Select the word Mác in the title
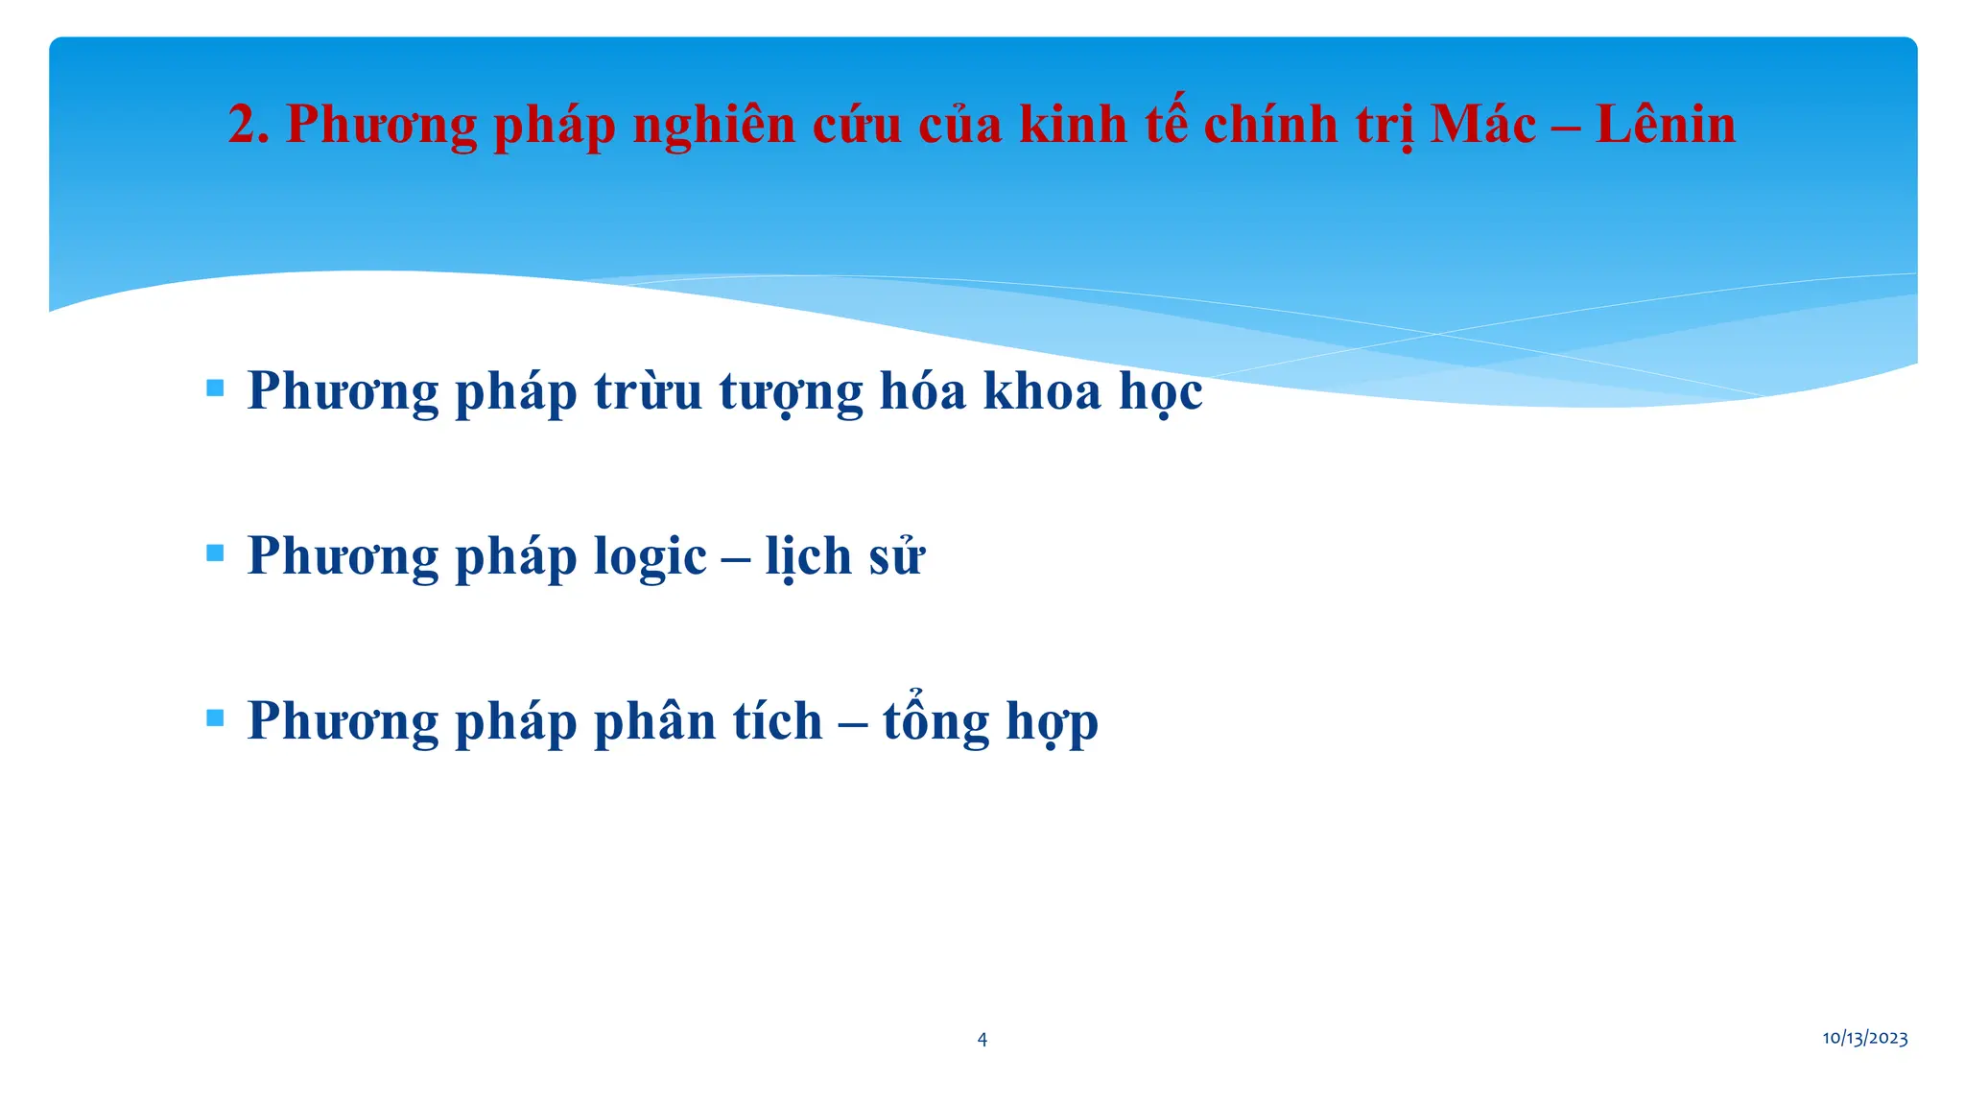coord(1482,125)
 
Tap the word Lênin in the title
coord(1666,125)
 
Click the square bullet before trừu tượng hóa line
coord(215,388)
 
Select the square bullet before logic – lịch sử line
coord(215,553)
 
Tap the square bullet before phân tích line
coord(215,717)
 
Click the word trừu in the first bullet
coord(648,391)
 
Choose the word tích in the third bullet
coord(777,721)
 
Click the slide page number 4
coord(982,1039)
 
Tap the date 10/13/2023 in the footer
coord(1864,1038)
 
